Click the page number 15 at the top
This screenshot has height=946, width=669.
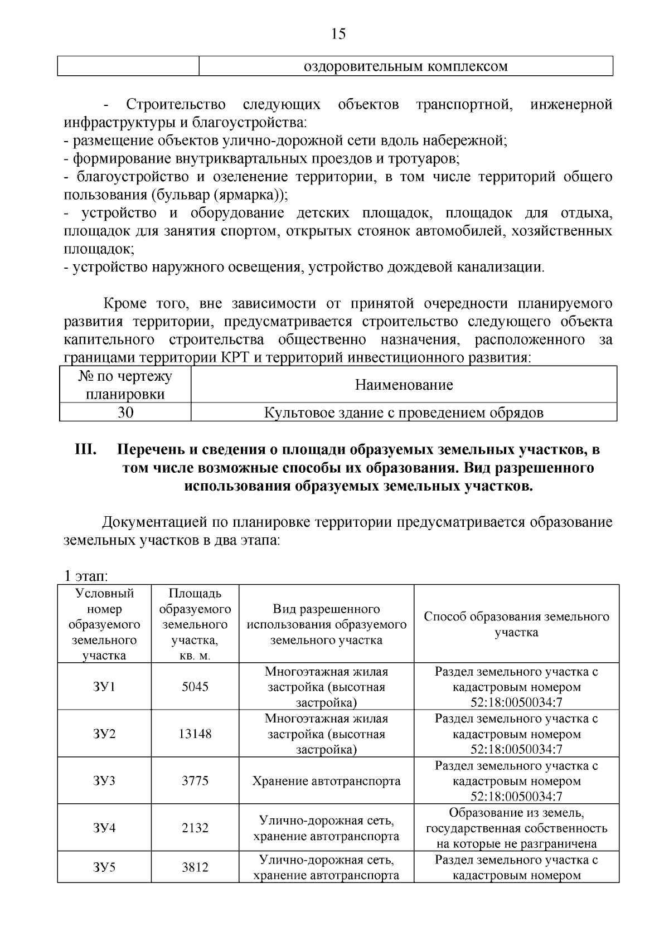pyautogui.click(x=338, y=34)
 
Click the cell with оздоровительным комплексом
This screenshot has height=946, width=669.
pyautogui.click(x=405, y=66)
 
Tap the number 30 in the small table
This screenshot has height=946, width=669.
pyautogui.click(x=125, y=413)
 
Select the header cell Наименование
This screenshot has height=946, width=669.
pyautogui.click(x=404, y=385)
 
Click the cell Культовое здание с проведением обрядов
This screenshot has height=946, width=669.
pyautogui.click(x=403, y=413)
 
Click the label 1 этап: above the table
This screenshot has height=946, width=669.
pyautogui.click(x=86, y=575)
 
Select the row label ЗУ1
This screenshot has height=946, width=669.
pyautogui.click(x=104, y=686)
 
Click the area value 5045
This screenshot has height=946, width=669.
pyautogui.click(x=195, y=686)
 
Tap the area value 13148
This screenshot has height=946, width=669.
pyautogui.click(x=195, y=734)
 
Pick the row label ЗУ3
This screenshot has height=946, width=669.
pyautogui.click(x=104, y=780)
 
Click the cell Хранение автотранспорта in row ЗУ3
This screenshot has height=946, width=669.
pyautogui.click(x=326, y=780)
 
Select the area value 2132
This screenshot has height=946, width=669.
pyautogui.click(x=195, y=828)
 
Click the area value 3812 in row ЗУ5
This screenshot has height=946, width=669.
pyautogui.click(x=195, y=867)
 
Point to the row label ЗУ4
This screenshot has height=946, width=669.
pyautogui.click(x=104, y=828)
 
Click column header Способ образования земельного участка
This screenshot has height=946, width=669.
pyautogui.click(x=516, y=624)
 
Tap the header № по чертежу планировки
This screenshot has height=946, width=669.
pyautogui.click(x=125, y=385)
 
